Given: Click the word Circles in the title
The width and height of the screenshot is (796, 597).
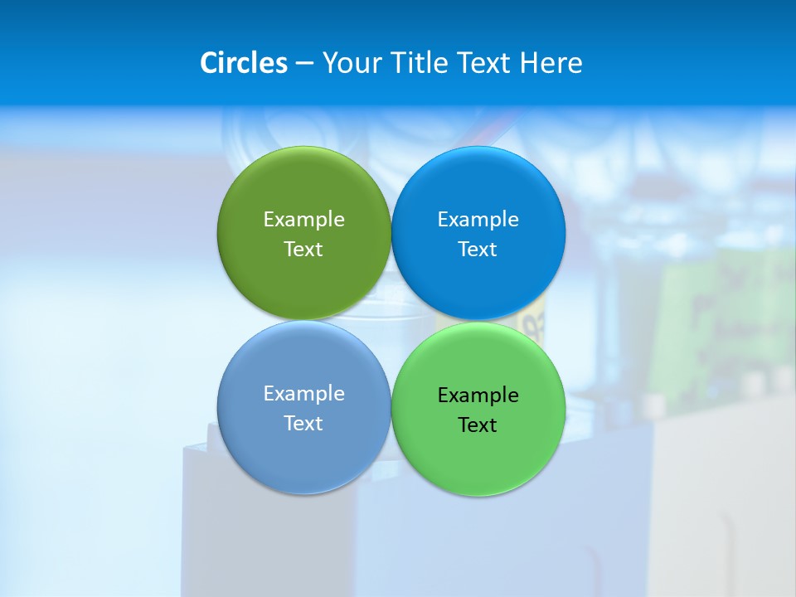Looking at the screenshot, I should [x=243, y=63].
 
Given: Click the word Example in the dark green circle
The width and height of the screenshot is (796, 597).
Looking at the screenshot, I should [x=303, y=219].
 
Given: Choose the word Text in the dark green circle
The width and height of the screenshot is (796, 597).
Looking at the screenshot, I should [x=303, y=249].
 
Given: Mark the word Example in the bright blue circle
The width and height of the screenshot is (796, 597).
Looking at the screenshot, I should [x=478, y=219].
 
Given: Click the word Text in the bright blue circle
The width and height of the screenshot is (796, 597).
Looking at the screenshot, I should [x=478, y=249].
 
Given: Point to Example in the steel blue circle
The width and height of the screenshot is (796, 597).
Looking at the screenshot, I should [x=303, y=393].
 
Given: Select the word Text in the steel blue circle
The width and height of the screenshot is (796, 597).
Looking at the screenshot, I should [x=303, y=423].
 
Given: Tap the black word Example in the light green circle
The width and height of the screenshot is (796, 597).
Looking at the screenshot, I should [x=478, y=395].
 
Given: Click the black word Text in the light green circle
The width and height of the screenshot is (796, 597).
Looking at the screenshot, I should [x=478, y=425].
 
